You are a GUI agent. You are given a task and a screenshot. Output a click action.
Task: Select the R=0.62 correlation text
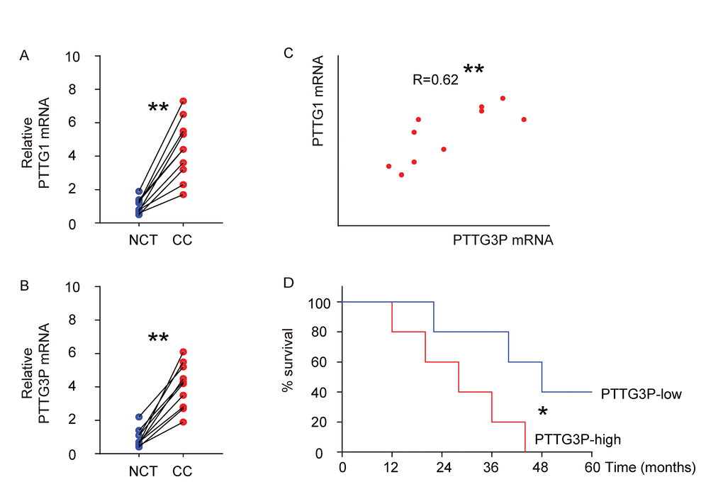click(x=435, y=80)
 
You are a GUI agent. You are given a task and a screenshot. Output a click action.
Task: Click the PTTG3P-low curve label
click(x=641, y=393)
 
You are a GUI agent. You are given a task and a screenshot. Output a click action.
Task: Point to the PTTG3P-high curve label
click(x=578, y=439)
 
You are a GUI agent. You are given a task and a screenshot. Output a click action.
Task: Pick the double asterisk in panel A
click(x=158, y=108)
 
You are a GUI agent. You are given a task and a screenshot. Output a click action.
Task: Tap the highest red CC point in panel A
click(x=183, y=101)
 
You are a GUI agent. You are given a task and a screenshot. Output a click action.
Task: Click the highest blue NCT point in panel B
click(x=139, y=417)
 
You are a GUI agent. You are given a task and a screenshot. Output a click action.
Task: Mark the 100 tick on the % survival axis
click(x=319, y=303)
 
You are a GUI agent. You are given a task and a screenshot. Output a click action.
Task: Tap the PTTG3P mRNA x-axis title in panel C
click(x=503, y=240)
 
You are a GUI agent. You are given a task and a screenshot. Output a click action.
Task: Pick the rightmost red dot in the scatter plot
click(x=524, y=119)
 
